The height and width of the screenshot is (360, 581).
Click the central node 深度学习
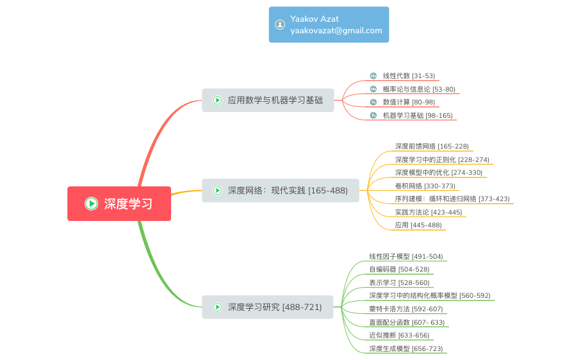[x=128, y=204]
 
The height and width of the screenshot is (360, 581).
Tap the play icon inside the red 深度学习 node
[x=92, y=204]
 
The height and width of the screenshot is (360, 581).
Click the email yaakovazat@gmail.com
[x=336, y=30]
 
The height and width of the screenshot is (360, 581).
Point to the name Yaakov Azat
[x=315, y=19]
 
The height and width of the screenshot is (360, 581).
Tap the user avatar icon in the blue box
[x=280, y=24]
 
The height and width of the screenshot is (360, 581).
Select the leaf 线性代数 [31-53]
[x=409, y=76]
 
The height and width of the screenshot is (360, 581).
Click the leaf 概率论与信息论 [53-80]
[x=419, y=89]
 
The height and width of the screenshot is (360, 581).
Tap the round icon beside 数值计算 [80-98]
[x=373, y=102]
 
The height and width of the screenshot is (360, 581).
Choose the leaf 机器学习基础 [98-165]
[x=418, y=116]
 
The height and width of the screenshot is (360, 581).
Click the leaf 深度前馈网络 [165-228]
[x=432, y=146]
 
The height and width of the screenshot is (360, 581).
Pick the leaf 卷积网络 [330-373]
[x=425, y=186]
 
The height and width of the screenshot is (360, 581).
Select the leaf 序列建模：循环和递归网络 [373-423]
[x=452, y=199]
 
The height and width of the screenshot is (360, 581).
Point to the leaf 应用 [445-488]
[x=418, y=225]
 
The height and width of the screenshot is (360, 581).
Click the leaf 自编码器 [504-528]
[x=399, y=269]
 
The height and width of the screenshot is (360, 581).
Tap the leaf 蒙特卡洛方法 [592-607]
[x=405, y=309]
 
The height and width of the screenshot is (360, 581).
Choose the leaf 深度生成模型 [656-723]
[x=405, y=348]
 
